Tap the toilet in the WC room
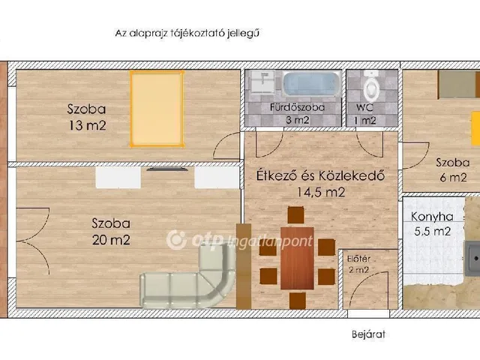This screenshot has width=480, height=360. point(371,87)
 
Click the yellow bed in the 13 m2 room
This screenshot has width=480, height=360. point(156,108)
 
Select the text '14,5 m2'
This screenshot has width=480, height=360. point(320,193)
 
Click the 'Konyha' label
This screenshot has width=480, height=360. point(431,217)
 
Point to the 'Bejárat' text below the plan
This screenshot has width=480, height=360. point(367,334)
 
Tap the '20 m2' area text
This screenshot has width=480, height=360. point(111,240)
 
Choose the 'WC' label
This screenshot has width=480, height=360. point(365,107)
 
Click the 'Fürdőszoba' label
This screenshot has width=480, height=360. point(297,107)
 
